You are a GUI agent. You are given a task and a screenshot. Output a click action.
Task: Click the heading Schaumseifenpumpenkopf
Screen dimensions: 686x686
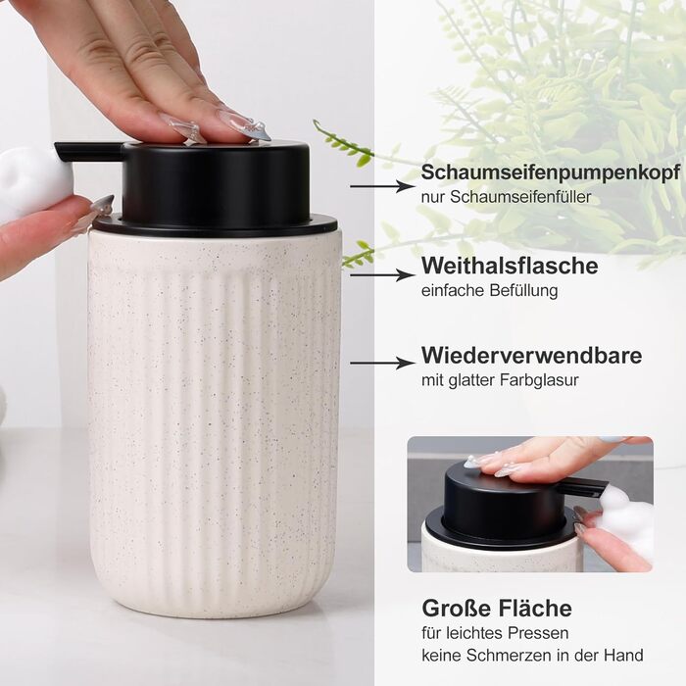click(551, 172)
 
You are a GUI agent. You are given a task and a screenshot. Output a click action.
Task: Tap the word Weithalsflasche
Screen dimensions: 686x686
click(510, 266)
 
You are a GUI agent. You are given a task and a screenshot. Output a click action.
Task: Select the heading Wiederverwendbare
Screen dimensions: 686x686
click(531, 355)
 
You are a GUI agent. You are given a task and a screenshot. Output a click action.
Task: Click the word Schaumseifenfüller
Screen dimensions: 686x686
click(520, 197)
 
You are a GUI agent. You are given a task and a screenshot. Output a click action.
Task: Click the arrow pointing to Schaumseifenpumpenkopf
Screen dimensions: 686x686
click(382, 186)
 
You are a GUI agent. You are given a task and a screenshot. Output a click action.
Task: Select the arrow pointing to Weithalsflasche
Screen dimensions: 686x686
click(382, 275)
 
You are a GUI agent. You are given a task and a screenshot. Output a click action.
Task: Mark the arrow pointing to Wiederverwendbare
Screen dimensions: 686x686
click(382, 364)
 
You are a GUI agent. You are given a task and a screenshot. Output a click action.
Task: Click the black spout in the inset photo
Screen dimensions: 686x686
click(585, 486)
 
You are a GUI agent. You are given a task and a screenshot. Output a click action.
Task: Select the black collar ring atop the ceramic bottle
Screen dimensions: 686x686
click(216, 226)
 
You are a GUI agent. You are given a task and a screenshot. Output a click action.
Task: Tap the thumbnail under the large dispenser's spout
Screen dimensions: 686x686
click(102, 205)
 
